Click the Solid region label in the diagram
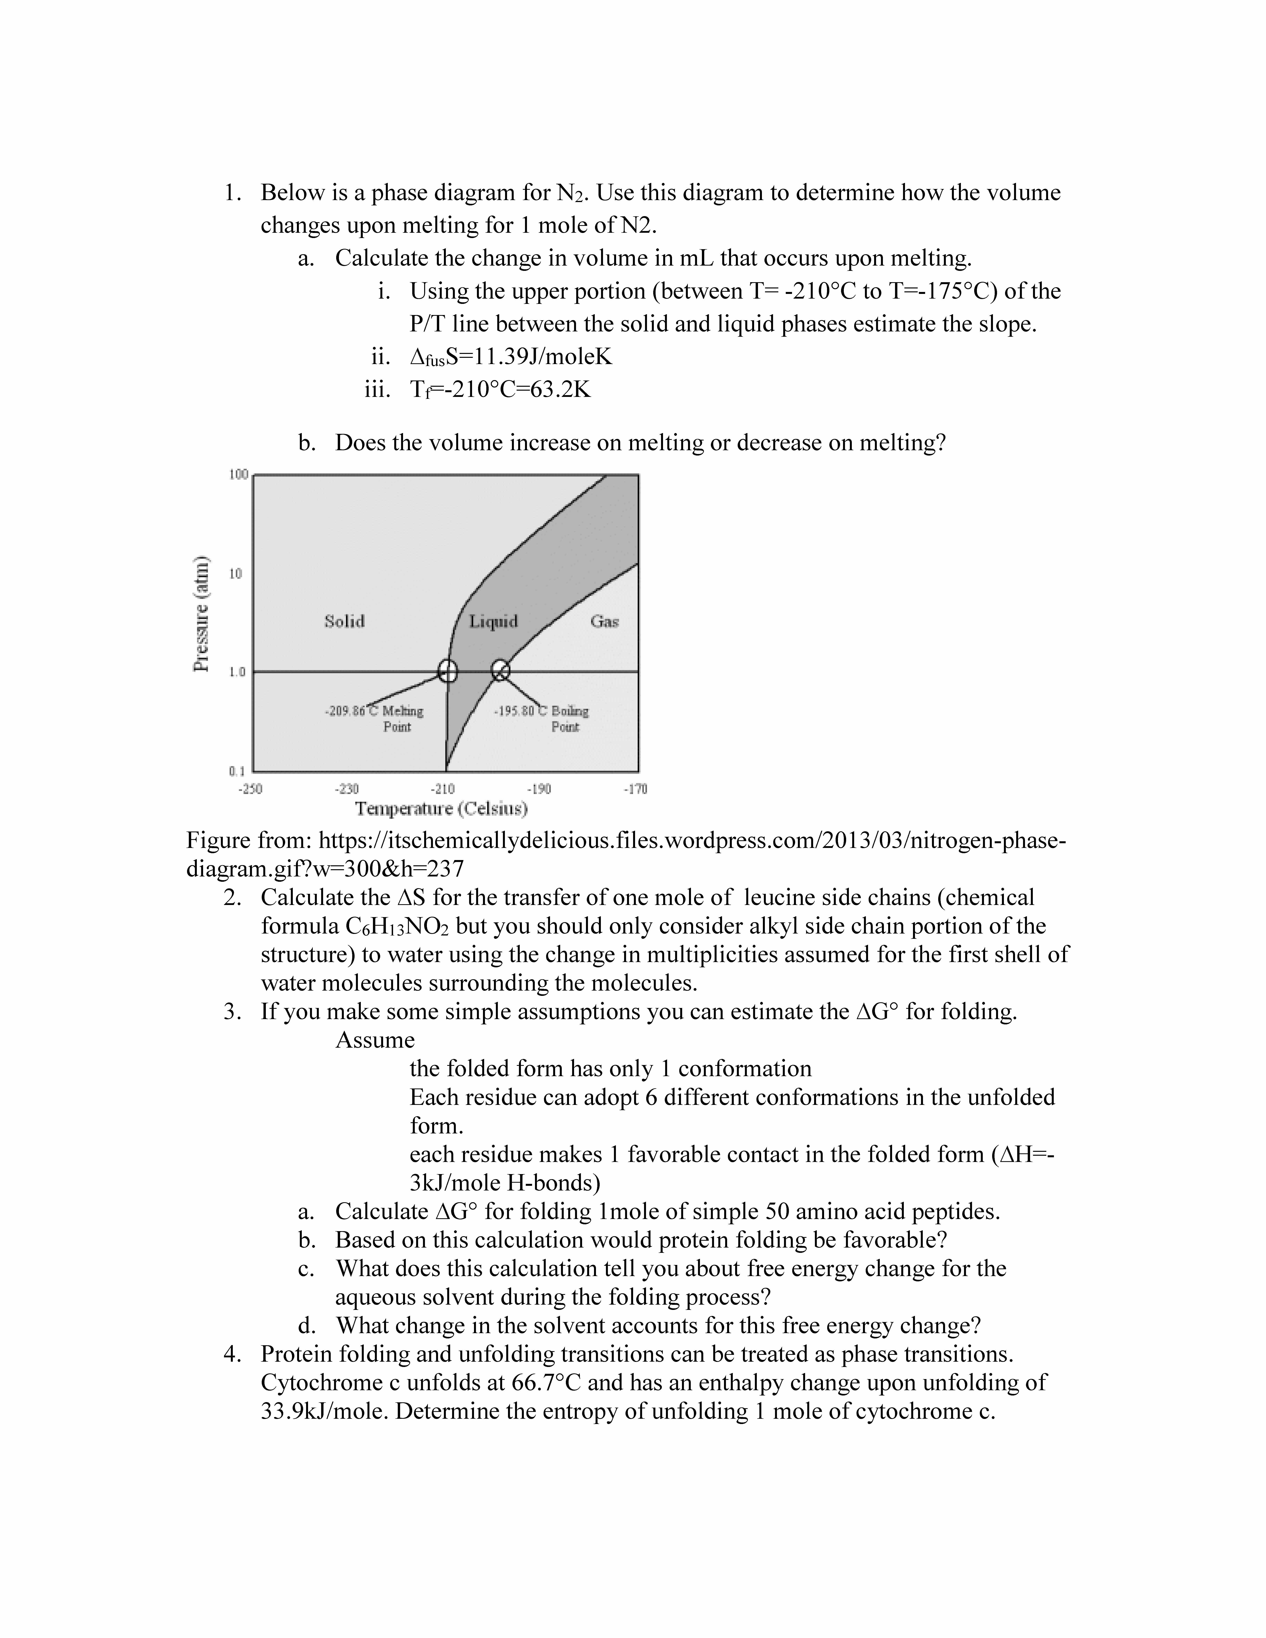click(x=344, y=621)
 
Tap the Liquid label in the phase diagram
click(x=493, y=621)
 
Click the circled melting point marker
click(x=447, y=670)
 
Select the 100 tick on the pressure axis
click(x=238, y=475)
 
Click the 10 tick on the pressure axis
click(x=236, y=574)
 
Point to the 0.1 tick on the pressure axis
click(x=237, y=770)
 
